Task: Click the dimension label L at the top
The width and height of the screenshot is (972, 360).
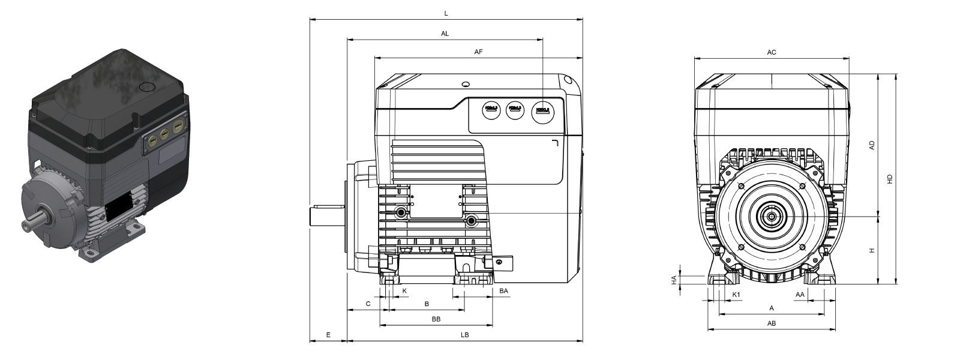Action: point(446,13)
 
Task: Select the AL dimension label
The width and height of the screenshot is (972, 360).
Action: point(445,34)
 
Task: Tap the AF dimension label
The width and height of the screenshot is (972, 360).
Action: point(478,52)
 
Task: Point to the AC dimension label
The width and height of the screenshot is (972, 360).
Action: point(772,52)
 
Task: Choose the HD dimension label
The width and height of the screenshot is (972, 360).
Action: point(890,179)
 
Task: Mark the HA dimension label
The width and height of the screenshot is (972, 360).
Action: point(674,279)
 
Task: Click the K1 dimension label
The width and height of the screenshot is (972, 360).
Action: point(736,295)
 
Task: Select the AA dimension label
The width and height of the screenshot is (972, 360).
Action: point(800,295)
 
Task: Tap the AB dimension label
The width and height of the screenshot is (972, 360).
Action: point(772,323)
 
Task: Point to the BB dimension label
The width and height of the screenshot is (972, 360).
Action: point(436,319)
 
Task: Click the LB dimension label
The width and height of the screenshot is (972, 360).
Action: point(465,335)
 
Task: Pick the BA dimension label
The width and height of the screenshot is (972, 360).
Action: point(504,291)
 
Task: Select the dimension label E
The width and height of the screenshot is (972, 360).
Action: point(328,335)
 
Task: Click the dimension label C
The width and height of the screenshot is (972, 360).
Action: point(368,304)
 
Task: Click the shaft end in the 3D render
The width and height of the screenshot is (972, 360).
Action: point(27,226)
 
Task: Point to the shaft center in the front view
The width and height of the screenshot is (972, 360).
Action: point(771,215)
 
